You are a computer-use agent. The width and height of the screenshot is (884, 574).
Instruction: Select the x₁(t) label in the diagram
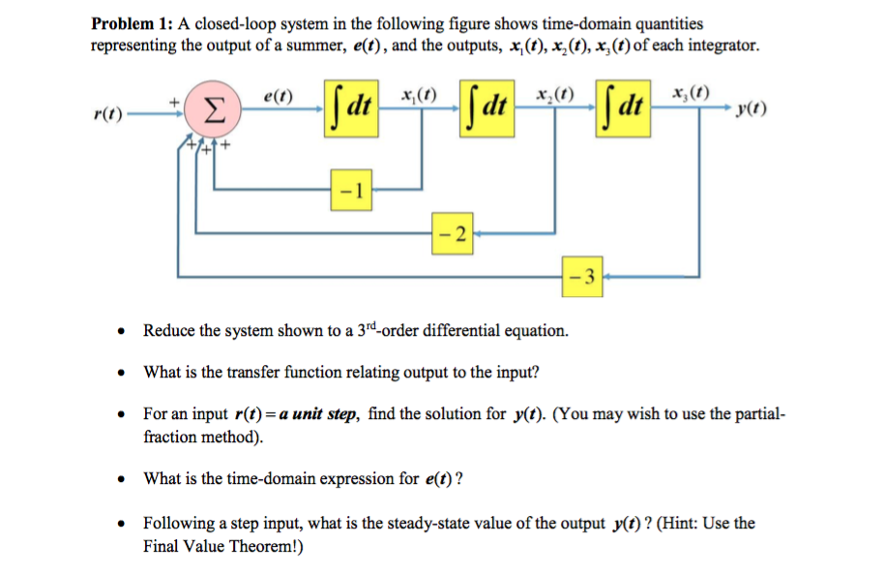418,95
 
